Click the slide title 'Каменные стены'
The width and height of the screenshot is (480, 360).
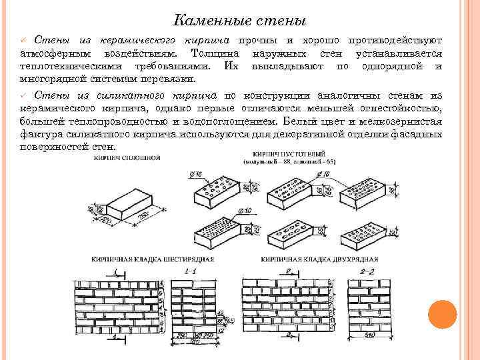point(239,21)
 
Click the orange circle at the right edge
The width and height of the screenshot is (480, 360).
point(441,314)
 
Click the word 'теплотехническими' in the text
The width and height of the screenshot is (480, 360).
point(65,67)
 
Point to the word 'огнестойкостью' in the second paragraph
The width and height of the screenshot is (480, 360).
point(399,108)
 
